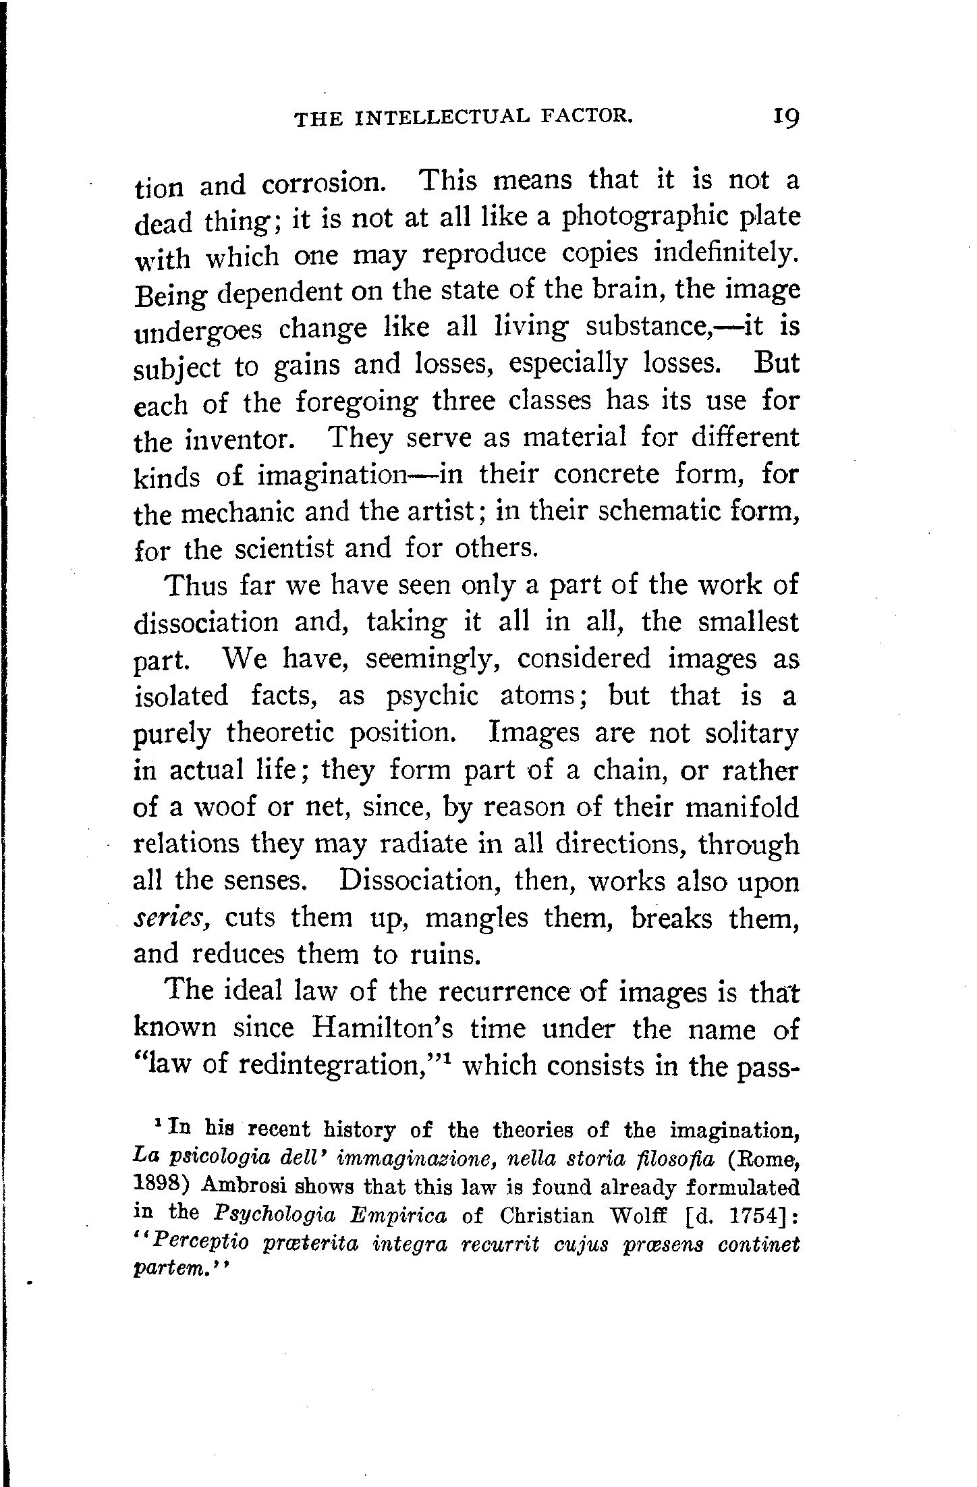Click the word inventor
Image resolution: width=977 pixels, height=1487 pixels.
(238, 441)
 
